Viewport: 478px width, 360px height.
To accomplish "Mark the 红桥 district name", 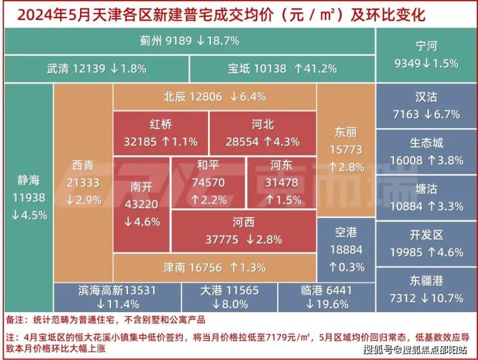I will pos(160,124).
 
